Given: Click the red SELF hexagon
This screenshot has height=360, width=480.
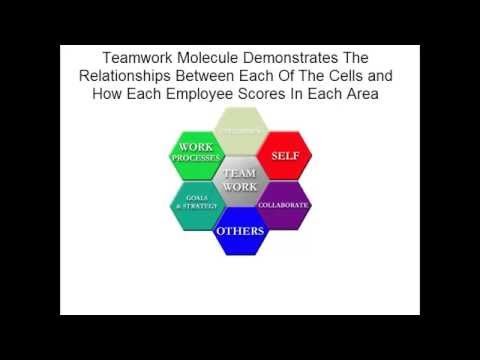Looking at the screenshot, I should tap(285, 155).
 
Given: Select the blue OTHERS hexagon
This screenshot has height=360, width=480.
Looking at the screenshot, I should tap(240, 231).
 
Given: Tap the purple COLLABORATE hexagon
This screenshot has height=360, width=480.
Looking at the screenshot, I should tap(284, 205).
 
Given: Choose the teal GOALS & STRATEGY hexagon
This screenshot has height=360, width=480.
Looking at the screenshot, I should tap(196, 205).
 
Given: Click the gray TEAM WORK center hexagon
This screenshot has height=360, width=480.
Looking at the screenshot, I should tap(240, 181).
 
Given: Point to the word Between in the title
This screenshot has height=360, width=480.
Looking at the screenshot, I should tap(225, 77).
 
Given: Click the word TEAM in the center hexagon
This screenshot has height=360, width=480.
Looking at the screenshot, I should tap(240, 174).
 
